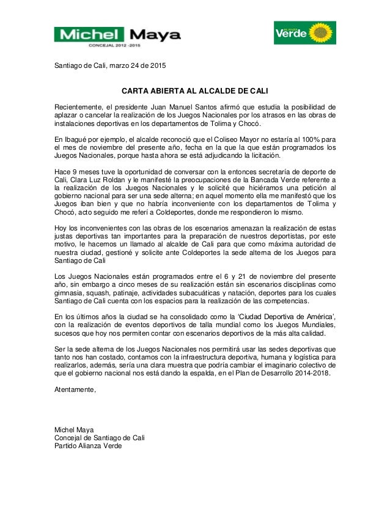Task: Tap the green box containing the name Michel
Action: click(89, 34)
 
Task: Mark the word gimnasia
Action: click(69, 293)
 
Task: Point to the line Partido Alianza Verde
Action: click(88, 446)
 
